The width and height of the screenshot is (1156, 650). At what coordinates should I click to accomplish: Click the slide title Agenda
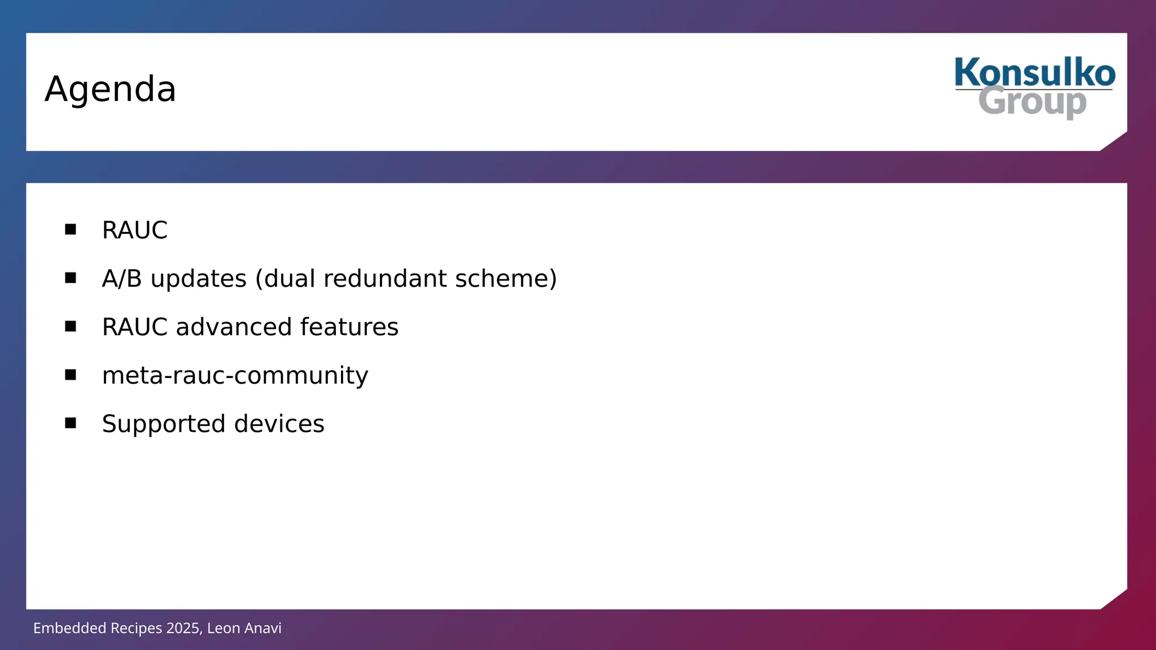point(110,89)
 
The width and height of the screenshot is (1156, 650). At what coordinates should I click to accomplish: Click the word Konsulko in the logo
point(1034,73)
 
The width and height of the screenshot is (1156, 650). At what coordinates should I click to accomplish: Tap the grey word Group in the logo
point(1032,103)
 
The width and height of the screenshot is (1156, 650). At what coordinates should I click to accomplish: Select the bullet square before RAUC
point(71,229)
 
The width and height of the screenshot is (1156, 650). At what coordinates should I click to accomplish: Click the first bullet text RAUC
point(134,230)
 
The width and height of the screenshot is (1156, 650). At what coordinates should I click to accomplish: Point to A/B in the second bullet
point(121,279)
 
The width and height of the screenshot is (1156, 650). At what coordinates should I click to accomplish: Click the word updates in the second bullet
point(199,279)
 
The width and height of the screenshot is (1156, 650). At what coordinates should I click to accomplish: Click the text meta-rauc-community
point(235,376)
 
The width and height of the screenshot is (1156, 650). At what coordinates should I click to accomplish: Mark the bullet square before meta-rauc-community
point(71,375)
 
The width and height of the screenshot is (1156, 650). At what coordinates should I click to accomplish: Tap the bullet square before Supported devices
point(71,423)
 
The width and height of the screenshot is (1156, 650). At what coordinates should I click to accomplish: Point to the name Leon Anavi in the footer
point(244,628)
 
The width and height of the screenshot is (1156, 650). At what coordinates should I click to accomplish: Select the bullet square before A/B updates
point(71,278)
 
